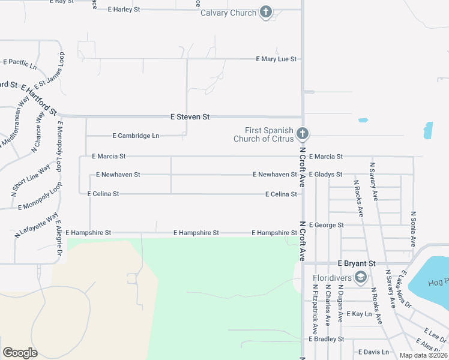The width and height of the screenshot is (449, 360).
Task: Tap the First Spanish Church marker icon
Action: point(303,133)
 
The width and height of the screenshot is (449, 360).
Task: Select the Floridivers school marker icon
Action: point(361,277)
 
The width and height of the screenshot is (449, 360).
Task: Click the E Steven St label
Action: point(190,117)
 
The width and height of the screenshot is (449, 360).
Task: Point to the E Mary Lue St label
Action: point(276,59)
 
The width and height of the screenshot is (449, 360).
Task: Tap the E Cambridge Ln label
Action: point(136,136)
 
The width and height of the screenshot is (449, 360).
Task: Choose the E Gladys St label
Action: point(325,175)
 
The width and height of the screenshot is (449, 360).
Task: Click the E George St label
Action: point(326,225)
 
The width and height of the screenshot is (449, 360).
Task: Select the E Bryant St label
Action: point(356,263)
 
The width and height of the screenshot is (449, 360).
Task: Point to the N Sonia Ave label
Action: point(413,229)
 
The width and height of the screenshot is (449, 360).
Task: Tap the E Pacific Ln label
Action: point(20,62)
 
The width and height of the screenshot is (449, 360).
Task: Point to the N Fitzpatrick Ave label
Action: point(315,308)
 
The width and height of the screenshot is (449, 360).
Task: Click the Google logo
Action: point(20,353)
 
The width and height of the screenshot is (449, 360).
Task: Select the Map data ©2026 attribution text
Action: point(423,355)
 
